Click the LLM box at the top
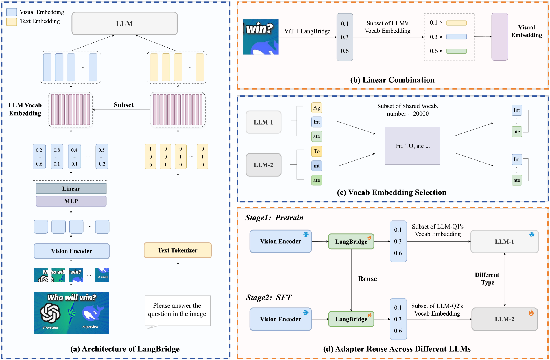pos(124,24)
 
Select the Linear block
pos(71,189)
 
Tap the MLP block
pos(71,201)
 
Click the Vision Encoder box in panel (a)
pos(71,251)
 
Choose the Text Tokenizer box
pos(178,250)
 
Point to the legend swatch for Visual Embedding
pos(12,12)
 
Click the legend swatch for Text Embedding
pos(12,21)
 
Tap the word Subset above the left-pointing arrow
pos(123,105)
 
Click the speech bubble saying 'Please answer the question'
pos(177,310)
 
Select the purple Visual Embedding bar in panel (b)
pos(499,37)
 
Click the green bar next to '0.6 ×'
pos(456,51)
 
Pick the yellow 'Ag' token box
pos(317,108)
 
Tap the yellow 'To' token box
pos(317,151)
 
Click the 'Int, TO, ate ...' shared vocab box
pos(412,146)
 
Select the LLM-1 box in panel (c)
pos(263,122)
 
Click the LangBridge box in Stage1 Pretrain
pos(351,242)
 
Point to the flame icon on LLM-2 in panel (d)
pos(531,313)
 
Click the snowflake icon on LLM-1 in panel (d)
pos(532,234)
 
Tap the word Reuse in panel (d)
pos(367,279)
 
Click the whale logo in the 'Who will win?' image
pos(92,313)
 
